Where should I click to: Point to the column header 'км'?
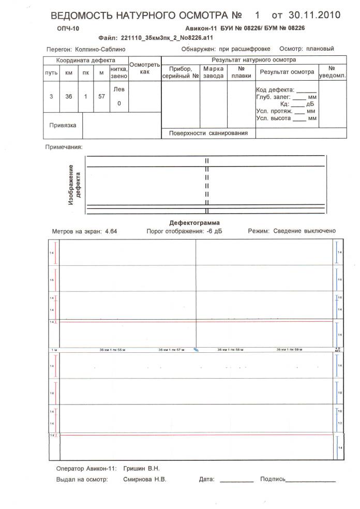(68, 73)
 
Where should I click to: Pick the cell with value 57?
(101, 96)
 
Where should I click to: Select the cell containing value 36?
(68, 96)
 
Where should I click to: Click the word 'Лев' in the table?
(119, 89)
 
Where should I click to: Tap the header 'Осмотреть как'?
(144, 68)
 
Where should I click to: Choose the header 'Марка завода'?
(213, 72)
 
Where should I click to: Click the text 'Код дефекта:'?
(275, 90)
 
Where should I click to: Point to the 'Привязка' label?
(63, 125)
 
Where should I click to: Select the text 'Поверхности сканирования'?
(208, 133)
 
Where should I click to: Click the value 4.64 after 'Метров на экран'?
(111, 231)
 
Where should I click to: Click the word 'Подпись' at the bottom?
(272, 480)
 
